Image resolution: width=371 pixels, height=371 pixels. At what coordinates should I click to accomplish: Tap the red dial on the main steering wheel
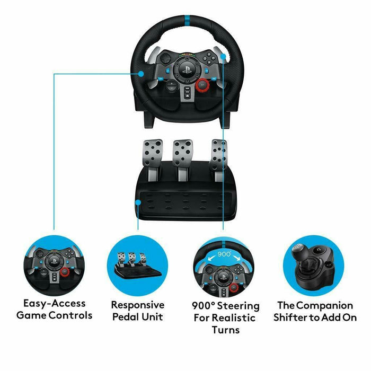[202, 84]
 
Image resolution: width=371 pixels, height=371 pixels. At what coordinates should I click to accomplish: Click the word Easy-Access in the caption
[55, 304]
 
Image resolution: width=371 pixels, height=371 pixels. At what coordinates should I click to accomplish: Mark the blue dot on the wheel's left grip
[141, 74]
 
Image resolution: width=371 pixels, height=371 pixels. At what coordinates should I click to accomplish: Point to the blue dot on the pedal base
[137, 202]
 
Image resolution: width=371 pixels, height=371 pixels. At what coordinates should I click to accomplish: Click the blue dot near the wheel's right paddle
[224, 55]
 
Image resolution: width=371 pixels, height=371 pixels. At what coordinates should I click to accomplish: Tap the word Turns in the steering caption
[225, 330]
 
